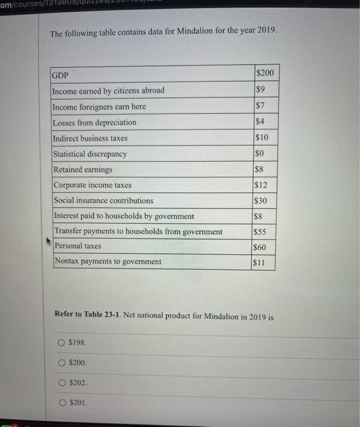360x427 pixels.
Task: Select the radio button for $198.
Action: point(62,342)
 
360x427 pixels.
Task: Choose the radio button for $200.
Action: point(62,362)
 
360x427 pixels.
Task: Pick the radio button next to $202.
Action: point(62,382)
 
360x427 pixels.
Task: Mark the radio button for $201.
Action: point(62,403)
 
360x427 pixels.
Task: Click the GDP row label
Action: point(60,76)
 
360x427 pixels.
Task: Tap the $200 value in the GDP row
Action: point(265,74)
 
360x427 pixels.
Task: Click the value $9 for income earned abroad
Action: point(260,90)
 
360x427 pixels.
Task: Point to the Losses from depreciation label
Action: point(95,123)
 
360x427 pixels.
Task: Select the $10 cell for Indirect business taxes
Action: point(262,138)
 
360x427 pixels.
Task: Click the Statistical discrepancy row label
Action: point(90,154)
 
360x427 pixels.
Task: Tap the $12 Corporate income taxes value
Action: point(262,185)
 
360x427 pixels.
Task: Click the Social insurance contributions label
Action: point(104,200)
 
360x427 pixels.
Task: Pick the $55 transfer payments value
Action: point(262,232)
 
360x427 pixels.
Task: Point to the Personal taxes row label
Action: point(78,246)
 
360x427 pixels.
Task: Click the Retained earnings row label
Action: point(83,169)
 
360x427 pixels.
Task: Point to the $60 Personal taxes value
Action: point(262,248)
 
